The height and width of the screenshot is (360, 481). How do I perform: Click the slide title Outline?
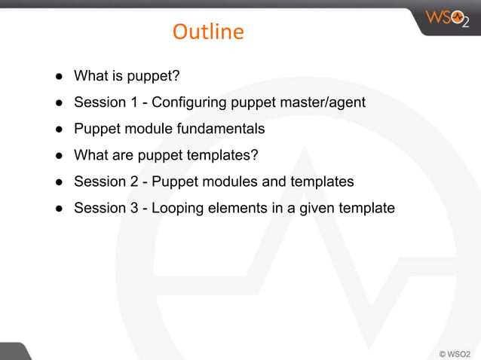(208, 32)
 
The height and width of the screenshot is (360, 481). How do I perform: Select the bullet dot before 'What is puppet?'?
(57, 76)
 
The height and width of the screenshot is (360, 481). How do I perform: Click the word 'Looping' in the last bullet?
(179, 208)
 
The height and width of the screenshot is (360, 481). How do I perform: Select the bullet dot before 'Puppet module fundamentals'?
(57, 129)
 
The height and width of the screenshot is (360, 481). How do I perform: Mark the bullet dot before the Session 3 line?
(57, 208)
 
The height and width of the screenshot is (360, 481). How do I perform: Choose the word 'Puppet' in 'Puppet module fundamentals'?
(95, 129)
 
